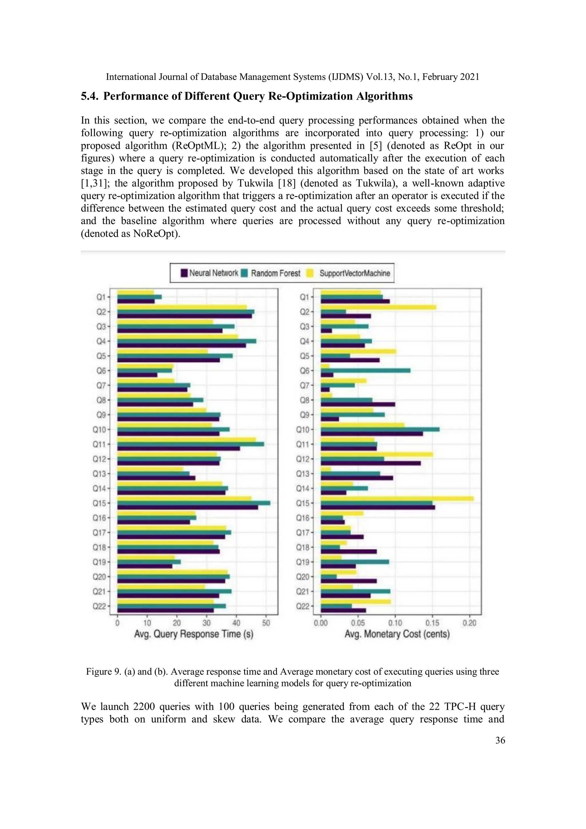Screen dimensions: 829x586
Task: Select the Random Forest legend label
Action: click(276, 273)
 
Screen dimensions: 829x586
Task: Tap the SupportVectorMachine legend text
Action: click(355, 273)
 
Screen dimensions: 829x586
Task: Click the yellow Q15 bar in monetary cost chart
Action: click(397, 498)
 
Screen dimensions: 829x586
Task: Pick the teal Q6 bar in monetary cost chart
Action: click(365, 371)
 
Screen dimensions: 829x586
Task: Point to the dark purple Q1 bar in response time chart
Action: click(136, 301)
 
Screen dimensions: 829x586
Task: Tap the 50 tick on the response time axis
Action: click(266, 623)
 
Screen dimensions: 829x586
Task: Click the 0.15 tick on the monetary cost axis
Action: click(432, 623)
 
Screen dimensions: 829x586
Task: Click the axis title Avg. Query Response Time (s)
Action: click(193, 634)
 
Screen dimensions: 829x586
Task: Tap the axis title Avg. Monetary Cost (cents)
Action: click(397, 634)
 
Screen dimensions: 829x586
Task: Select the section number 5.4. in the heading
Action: click(90, 96)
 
